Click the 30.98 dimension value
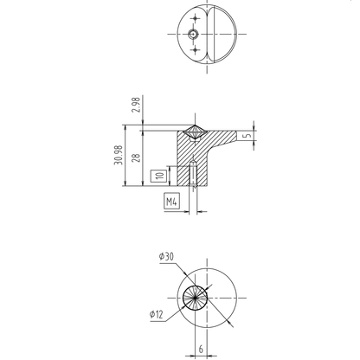click(x=119, y=155)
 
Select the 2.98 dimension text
click(x=136, y=105)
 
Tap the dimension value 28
click(x=136, y=158)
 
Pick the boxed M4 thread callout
click(x=171, y=201)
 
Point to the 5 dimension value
click(x=247, y=135)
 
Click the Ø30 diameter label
click(x=166, y=256)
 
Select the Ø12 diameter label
click(x=157, y=314)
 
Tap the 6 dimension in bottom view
click(x=201, y=349)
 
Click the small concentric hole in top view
click(x=193, y=35)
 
